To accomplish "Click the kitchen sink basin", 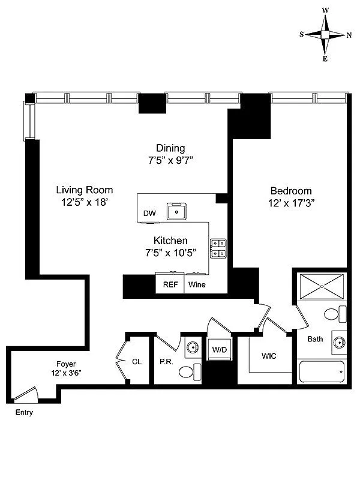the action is [176, 211].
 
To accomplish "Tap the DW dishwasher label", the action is [149, 214].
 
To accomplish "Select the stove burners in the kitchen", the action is [218, 248].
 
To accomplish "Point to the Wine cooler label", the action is [197, 284].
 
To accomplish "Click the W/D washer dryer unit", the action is [220, 349].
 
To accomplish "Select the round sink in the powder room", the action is [192, 347].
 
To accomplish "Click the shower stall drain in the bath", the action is [322, 287].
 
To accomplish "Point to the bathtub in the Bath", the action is [322, 371].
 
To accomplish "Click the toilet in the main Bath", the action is [335, 314].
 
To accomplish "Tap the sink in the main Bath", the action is [340, 342].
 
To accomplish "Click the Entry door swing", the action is [26, 394].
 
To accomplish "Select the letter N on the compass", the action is [349, 35].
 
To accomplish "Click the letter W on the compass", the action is [325, 10].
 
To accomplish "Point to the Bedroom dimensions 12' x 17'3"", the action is [292, 203].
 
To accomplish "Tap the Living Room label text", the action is [85, 190].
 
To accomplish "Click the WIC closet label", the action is [269, 356].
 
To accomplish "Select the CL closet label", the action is [137, 362].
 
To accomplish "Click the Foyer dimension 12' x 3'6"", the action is [66, 373].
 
